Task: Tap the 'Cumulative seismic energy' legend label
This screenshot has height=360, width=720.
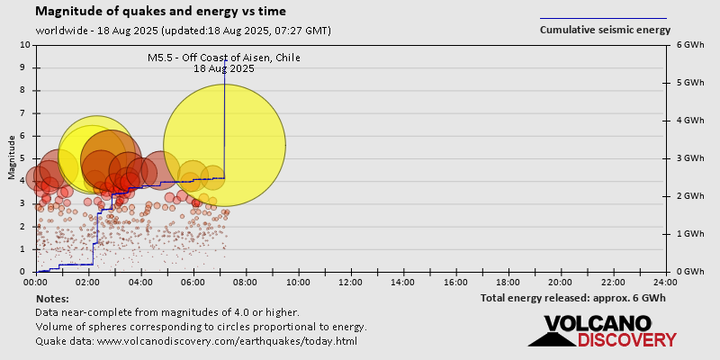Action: [x=605, y=30]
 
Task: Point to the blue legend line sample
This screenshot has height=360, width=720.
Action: [x=603, y=18]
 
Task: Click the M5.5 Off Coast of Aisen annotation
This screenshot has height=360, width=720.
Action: [x=224, y=63]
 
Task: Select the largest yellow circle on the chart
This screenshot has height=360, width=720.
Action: [x=224, y=145]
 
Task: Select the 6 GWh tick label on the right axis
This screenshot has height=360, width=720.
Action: [x=689, y=45]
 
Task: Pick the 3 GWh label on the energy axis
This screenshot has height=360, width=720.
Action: [x=689, y=158]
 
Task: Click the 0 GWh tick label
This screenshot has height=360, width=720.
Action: [x=689, y=272]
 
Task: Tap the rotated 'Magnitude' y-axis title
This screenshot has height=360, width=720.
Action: [x=12, y=157]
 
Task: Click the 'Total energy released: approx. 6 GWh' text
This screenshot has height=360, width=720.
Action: [x=572, y=298]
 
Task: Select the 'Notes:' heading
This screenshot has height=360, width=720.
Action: [x=52, y=298]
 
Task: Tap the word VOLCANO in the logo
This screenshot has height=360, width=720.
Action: [x=598, y=324]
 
